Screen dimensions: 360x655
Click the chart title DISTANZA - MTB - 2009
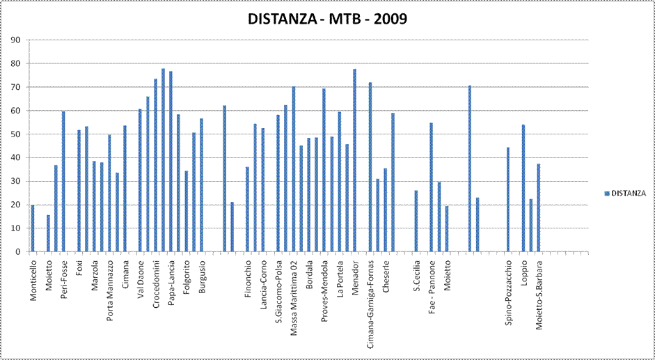[327, 19]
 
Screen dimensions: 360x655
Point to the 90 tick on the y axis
[15, 40]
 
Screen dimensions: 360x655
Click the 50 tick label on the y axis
[15, 134]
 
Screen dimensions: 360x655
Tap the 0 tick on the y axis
[17, 252]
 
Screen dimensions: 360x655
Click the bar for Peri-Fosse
[63, 182]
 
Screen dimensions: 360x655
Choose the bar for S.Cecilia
[416, 221]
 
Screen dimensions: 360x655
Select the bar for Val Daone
[140, 180]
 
